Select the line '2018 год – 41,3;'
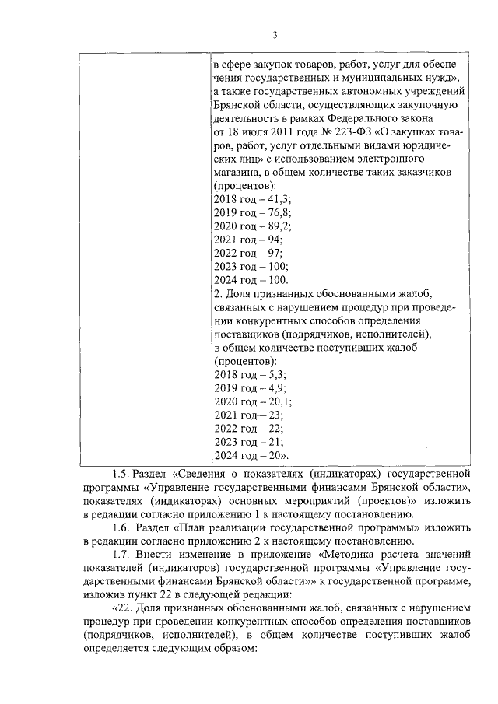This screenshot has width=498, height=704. coord(248,200)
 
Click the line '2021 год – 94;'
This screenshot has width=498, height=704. coord(244,240)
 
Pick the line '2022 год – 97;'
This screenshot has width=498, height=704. coord(244,253)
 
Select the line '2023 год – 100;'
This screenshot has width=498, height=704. coord(247,266)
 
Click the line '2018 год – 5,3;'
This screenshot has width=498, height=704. coord(246,374)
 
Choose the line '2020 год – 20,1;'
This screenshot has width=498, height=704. coord(249,401)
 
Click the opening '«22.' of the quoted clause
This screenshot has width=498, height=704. coord(124,608)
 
